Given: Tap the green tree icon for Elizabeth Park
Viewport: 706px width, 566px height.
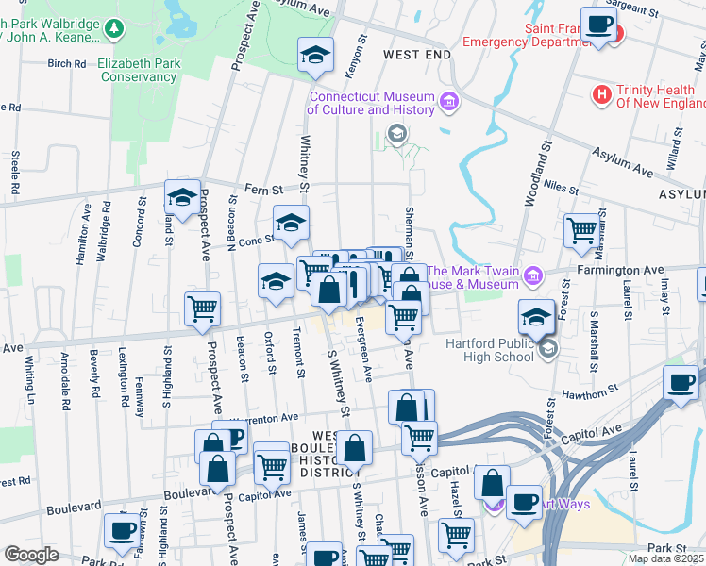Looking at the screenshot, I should [114, 28].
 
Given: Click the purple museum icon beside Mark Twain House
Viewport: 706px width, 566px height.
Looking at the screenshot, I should [533, 275].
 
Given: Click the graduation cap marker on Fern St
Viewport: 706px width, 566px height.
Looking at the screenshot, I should [181, 196].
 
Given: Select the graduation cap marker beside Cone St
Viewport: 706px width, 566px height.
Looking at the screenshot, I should [291, 223].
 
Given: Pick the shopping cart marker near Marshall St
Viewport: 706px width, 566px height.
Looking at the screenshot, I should [580, 228].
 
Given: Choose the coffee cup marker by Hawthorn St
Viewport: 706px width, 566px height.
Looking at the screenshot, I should [680, 381].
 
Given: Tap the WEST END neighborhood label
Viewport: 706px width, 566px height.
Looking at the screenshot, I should [416, 56].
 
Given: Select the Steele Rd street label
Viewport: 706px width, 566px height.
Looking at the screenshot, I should [16, 172].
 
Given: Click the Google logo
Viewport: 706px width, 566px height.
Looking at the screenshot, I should [31, 555].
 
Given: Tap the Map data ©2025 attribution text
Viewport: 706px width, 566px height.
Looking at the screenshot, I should [665, 558].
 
